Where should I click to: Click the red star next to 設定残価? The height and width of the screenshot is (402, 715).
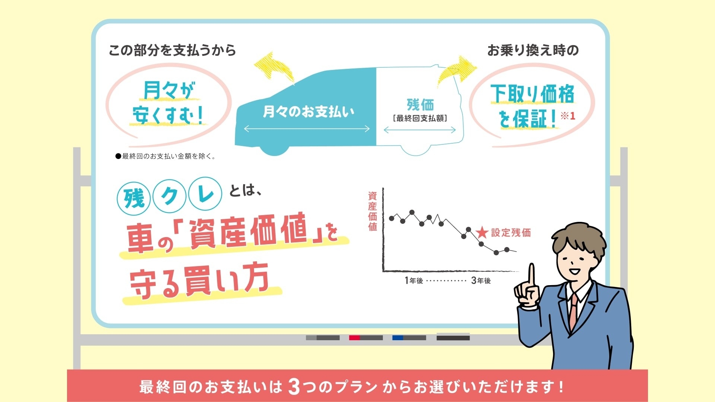coord(482,233)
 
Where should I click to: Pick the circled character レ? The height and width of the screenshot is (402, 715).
coord(205,194)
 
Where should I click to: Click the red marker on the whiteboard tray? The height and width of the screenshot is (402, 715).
coord(366,338)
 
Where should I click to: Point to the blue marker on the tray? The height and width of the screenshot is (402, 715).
coord(409,338)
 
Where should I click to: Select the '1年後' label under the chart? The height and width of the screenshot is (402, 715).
coord(414,281)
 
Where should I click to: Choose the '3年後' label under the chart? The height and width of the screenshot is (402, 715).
coord(481,281)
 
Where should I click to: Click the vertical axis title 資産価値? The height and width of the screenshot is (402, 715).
coord(372,211)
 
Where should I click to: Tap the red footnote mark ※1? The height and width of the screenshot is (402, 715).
coord(568,116)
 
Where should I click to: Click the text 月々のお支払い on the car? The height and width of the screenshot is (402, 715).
coord(308,111)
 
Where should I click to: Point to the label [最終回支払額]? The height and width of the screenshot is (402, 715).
coord(420,118)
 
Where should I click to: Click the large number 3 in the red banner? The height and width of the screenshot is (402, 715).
coord(294,386)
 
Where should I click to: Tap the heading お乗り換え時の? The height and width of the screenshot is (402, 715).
coord(533,50)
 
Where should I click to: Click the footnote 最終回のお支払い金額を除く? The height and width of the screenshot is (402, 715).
coord(165,156)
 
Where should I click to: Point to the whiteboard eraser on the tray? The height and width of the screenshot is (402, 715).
coord(453,336)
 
